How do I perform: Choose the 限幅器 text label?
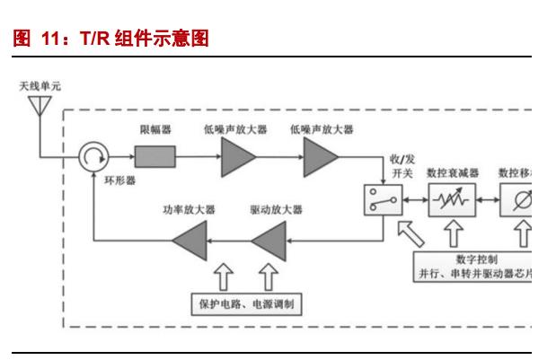point(155,130)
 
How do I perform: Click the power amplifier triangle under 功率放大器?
point(190,239)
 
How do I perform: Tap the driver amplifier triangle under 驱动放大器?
point(269,239)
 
